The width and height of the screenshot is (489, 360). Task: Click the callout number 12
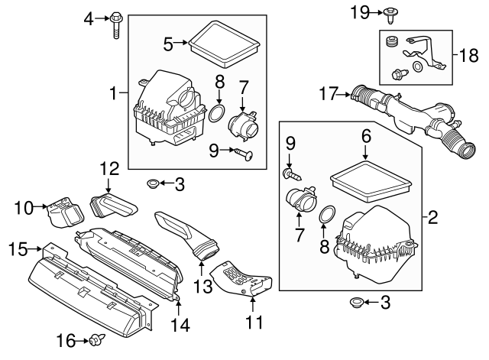(108, 167)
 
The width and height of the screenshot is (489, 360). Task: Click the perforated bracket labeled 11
(244, 279)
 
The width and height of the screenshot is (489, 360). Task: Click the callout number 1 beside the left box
(116, 94)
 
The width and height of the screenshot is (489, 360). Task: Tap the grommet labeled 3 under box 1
(152, 184)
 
